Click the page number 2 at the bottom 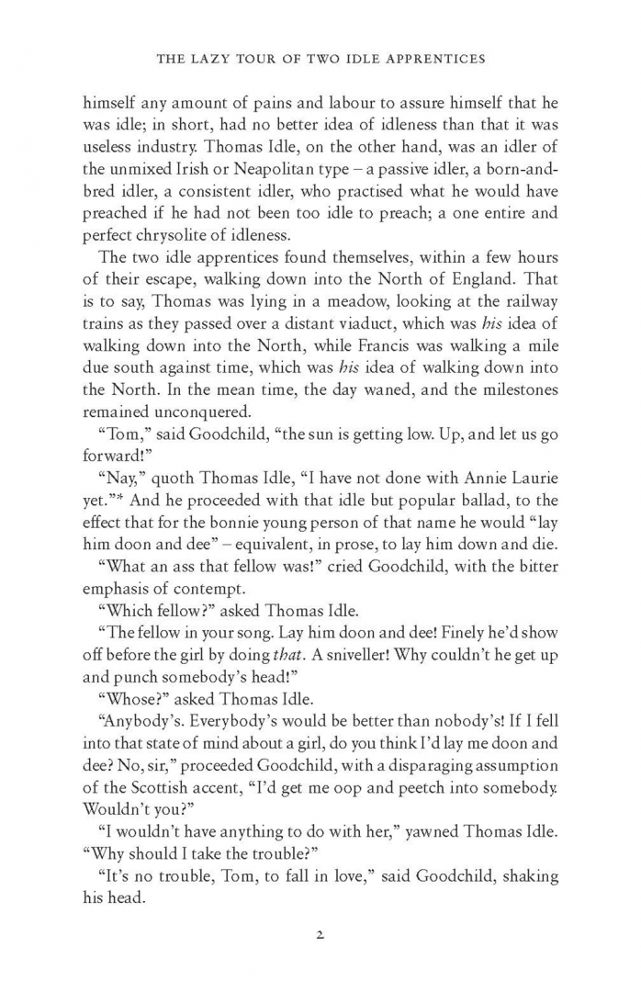(320, 938)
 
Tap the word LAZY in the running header (223, 60)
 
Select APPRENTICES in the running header (433, 60)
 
